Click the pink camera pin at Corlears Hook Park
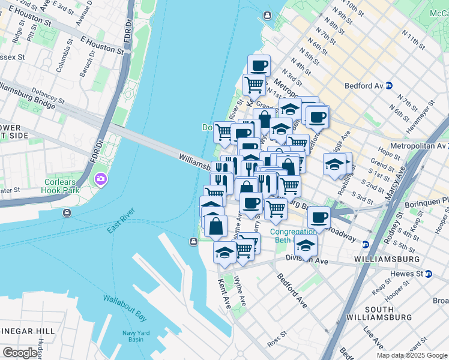[100, 179]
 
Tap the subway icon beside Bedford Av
[389, 86]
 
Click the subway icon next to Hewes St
[429, 274]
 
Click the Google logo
[20, 353]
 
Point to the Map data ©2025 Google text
[411, 355]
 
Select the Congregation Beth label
[293, 236]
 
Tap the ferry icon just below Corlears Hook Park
[65, 212]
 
